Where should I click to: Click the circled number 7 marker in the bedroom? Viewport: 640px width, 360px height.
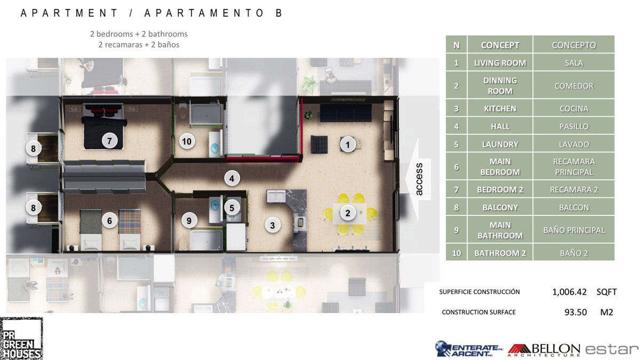[109, 141]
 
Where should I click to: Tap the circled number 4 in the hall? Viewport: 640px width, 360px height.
[231, 179]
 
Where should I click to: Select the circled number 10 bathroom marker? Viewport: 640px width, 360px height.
[187, 141]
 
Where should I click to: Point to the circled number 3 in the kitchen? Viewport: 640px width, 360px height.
[273, 226]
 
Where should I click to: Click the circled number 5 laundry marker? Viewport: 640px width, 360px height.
[231, 207]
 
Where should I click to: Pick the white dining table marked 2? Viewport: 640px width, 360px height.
[350, 213]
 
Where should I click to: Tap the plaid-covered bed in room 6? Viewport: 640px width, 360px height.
[130, 229]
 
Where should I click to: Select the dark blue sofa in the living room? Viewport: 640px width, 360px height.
[346, 113]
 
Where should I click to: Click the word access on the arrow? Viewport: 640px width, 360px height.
[419, 179]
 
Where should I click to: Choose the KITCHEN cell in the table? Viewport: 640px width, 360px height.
[500, 109]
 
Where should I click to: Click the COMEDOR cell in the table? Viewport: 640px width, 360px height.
[574, 86]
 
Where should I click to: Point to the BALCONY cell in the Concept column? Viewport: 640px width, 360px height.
[500, 207]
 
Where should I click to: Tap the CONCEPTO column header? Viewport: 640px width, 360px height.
[574, 45]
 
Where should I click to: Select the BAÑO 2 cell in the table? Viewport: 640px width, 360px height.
[574, 253]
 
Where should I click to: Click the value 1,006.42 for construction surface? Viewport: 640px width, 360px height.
[569, 292]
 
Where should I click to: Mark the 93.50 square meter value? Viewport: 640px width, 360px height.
[575, 312]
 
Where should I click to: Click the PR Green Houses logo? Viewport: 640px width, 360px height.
[21, 339]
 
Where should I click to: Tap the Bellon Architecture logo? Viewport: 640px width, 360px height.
[543, 350]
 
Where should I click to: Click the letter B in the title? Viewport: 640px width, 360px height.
[279, 13]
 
